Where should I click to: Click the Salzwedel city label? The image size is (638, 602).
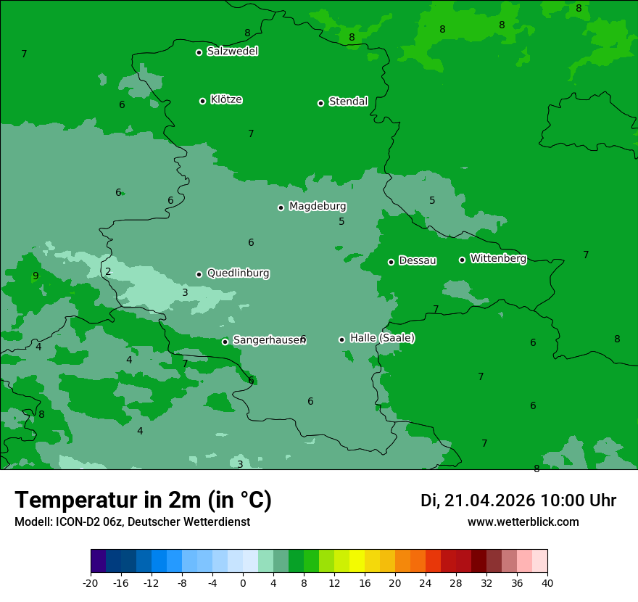point(232,51)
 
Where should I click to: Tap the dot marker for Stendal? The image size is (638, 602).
point(320,103)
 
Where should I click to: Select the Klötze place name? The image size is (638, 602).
point(226,99)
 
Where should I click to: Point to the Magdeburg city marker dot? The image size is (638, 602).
point(281,207)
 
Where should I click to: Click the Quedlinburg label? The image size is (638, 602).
point(238,273)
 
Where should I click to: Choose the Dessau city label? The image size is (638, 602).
point(418,260)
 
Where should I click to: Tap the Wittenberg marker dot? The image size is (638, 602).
point(462,260)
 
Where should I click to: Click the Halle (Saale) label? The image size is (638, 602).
point(382,338)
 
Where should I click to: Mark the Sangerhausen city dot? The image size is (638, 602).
point(225,342)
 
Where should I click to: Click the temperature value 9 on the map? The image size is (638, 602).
point(36,276)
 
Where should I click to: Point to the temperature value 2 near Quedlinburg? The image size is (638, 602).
point(108,272)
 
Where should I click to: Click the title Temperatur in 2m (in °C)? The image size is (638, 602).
point(143,500)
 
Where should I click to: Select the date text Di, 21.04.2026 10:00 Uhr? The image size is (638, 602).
point(518,500)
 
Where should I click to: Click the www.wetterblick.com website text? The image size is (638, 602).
point(523,521)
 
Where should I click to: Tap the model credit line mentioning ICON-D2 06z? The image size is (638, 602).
point(132,521)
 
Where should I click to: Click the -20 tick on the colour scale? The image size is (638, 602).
point(91,582)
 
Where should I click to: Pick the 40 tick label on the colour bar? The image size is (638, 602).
point(547,582)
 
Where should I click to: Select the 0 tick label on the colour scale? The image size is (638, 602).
point(243,582)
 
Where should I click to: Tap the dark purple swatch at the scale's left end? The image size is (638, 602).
point(98,561)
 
